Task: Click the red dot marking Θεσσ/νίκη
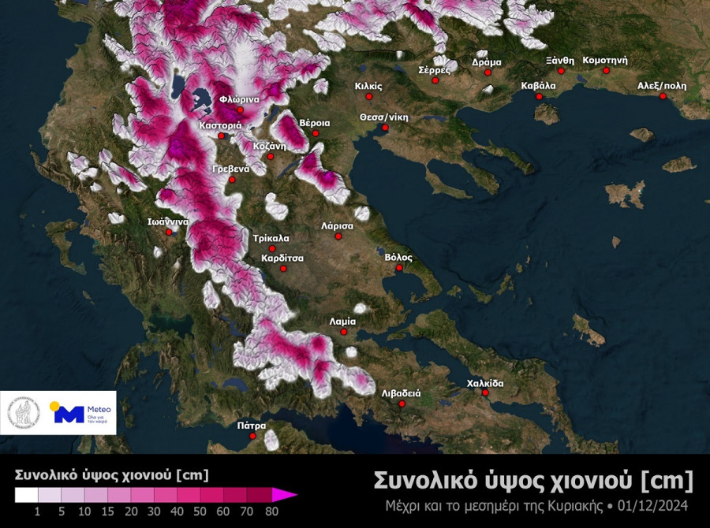tap(385, 128)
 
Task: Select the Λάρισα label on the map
tap(338, 225)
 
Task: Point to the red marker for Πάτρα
tap(253, 436)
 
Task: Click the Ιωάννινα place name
tap(167, 221)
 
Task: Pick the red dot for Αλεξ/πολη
tap(663, 96)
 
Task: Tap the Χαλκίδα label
tap(485, 383)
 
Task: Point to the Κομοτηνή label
tap(605, 60)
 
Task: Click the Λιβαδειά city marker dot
tap(402, 404)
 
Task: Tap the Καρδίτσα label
tap(283, 258)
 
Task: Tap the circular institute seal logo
tap(24, 412)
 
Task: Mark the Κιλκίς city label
tap(368, 86)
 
